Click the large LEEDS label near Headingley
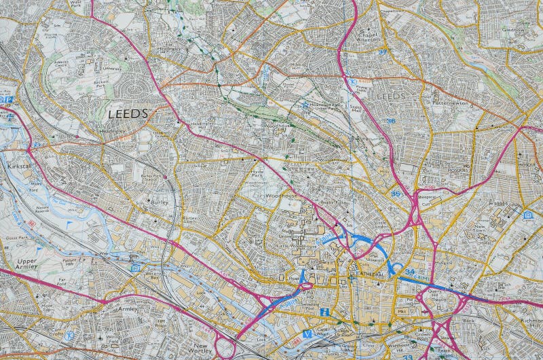pos(127,114)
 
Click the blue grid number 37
pos(383,52)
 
